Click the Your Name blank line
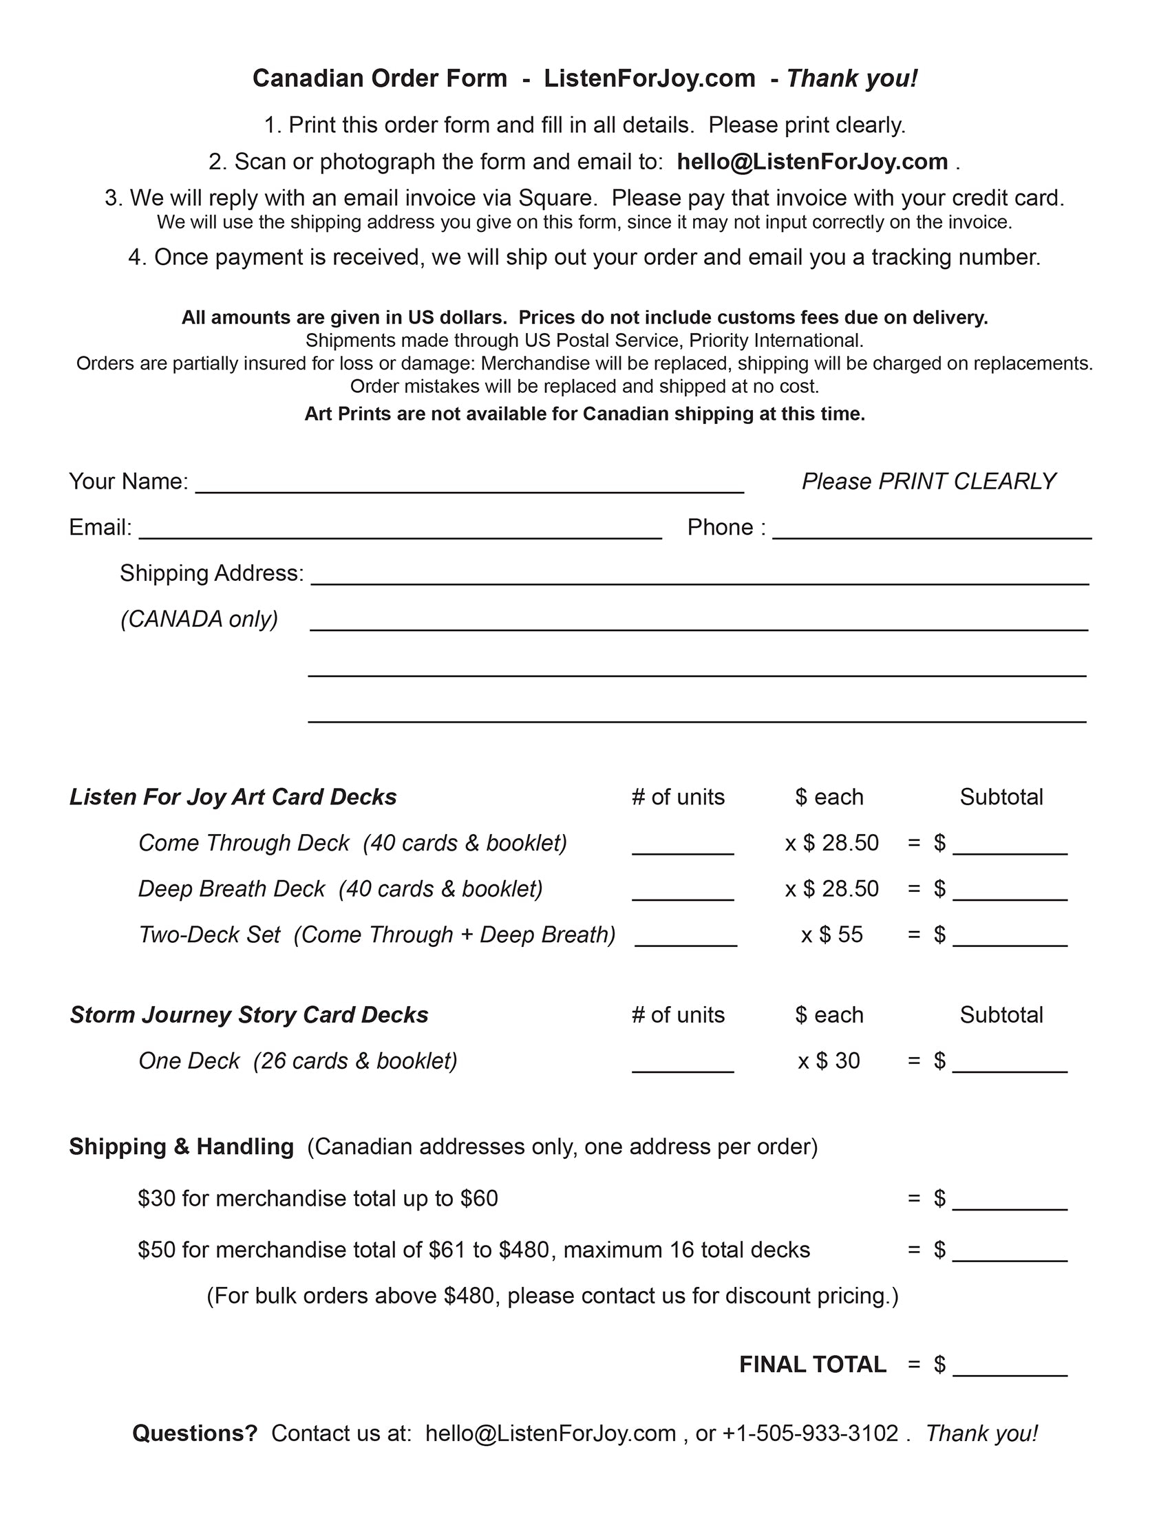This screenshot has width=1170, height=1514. click(469, 485)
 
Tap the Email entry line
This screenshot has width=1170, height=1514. click(400, 531)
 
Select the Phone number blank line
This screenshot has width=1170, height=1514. click(932, 531)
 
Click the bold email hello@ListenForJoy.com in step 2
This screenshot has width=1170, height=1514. click(811, 162)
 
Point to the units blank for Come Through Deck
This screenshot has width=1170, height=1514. click(683, 847)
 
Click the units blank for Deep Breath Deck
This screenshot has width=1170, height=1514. click(683, 893)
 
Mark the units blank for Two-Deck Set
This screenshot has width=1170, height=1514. click(685, 939)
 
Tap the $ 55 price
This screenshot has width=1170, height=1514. click(840, 935)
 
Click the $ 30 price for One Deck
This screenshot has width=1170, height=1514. click(838, 1060)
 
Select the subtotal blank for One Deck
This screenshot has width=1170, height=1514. click(1010, 1065)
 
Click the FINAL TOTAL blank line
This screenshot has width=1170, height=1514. click(1010, 1368)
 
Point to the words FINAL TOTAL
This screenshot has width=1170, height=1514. click(812, 1364)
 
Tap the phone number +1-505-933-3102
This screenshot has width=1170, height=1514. click(810, 1433)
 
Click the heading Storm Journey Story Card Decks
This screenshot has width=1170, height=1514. click(249, 1015)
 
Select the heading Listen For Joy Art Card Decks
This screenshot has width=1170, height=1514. click(233, 797)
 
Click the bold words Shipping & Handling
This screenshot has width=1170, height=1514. click(181, 1147)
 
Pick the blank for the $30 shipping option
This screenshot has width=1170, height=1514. click(1010, 1203)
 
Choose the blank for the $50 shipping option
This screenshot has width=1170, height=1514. click(1010, 1254)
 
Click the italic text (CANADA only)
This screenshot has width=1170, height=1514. click(200, 619)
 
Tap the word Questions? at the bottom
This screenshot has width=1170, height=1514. click(195, 1433)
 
